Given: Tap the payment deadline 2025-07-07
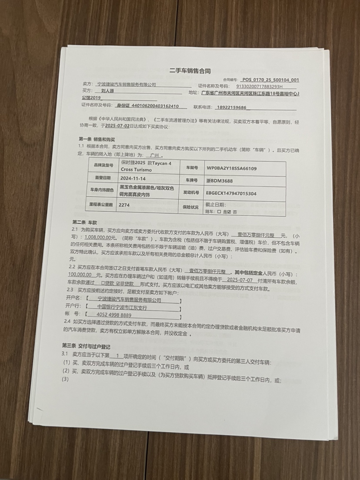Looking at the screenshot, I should pos(240,280).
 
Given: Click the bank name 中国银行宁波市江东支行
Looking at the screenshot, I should pos(122,307).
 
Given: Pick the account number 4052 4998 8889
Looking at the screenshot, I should pos(114,314).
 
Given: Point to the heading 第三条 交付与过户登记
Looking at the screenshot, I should pos(86,346).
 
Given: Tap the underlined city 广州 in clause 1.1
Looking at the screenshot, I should pos(152,155).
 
